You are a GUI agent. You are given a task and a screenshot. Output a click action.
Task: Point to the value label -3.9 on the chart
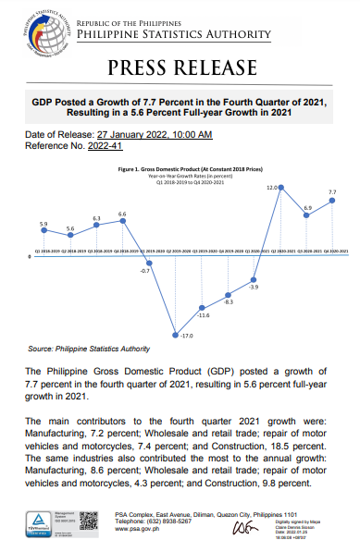[x=254, y=288]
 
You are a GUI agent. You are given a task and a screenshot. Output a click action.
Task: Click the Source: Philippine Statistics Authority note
[x=89, y=349]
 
